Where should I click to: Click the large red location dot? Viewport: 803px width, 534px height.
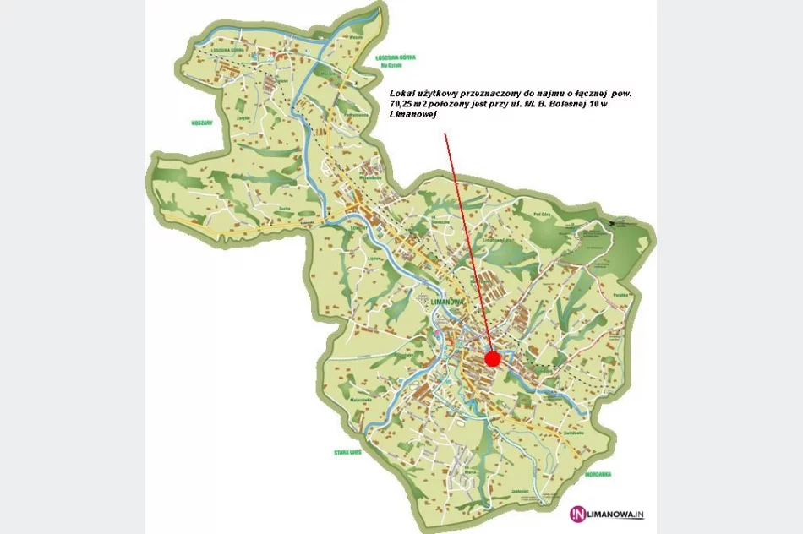(493, 359)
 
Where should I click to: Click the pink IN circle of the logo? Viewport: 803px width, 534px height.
(577, 512)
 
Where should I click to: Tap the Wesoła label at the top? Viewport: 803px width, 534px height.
(356, 37)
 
